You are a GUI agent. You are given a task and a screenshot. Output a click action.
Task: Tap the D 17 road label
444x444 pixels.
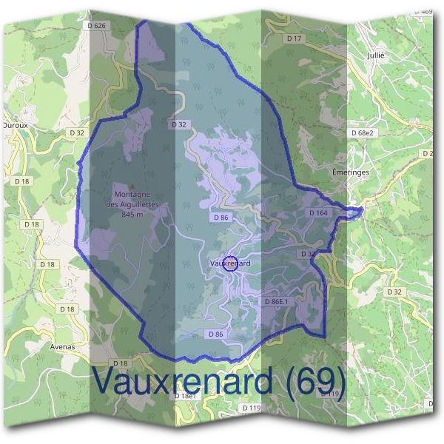(x=294, y=38)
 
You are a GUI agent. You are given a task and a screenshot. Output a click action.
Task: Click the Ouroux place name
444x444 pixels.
(x=15, y=126)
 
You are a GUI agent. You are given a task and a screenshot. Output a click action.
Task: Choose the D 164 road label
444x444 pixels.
(x=317, y=213)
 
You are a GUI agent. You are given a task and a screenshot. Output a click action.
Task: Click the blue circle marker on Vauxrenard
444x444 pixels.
(x=230, y=263)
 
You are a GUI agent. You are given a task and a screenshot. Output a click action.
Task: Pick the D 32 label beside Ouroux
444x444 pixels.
(x=76, y=132)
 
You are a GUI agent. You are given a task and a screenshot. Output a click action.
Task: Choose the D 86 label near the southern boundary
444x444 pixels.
(x=216, y=334)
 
